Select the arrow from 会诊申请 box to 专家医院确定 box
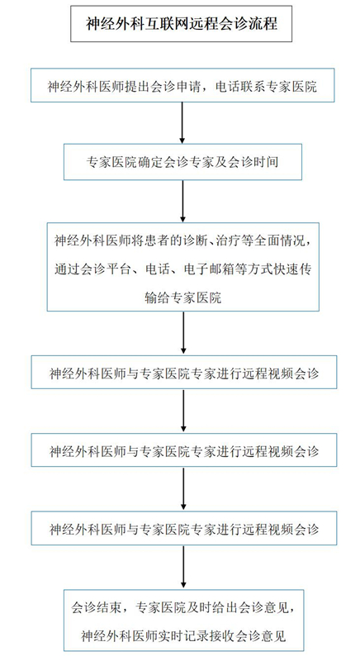(x=182, y=122)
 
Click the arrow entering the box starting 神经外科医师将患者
(x=182, y=201)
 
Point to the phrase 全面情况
(x=283, y=240)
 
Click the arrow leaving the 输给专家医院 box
(x=183, y=333)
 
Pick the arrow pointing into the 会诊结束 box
(x=183, y=567)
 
